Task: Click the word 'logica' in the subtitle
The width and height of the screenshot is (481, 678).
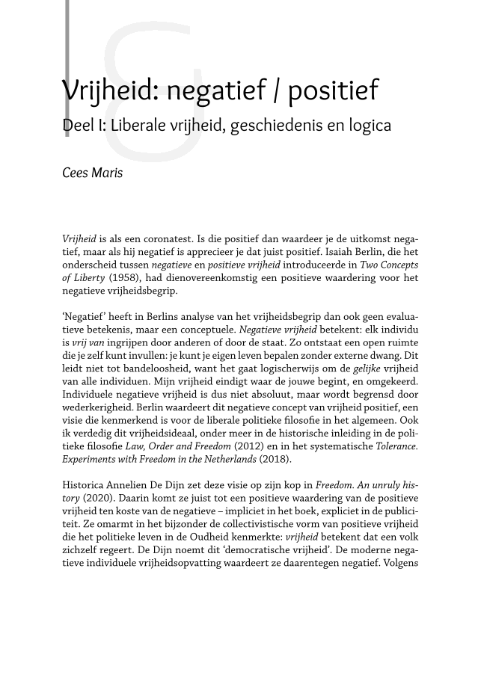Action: pos(366,125)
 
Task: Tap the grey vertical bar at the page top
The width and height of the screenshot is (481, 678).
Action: pos(67,37)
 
